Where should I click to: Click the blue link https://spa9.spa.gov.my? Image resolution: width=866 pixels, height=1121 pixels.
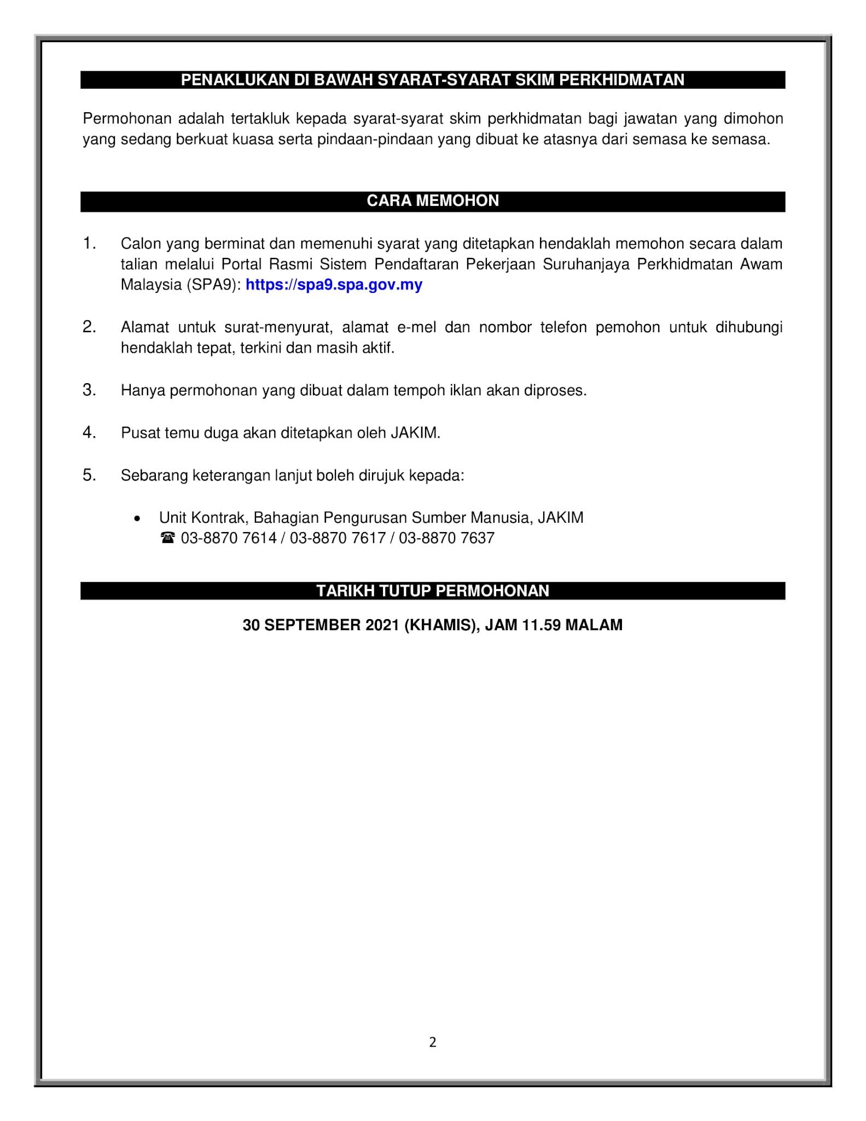point(334,285)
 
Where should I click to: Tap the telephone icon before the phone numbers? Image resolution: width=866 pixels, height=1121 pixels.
point(167,539)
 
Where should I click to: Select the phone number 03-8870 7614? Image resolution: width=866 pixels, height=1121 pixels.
point(229,539)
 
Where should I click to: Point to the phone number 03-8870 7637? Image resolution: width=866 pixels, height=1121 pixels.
point(446,539)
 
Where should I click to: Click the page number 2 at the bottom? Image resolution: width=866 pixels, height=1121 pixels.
point(433,1043)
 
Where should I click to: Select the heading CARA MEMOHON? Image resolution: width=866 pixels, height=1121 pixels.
point(433,201)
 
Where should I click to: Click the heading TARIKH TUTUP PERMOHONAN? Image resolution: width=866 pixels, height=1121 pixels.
point(433,591)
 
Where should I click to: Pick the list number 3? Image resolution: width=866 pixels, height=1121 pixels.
point(89,390)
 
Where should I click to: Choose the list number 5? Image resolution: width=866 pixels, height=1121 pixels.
point(89,475)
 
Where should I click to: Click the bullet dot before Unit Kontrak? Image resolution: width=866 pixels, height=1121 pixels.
point(137,518)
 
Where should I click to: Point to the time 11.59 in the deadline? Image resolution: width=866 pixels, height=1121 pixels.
point(542,625)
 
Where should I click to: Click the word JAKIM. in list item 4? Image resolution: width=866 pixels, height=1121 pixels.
point(415,433)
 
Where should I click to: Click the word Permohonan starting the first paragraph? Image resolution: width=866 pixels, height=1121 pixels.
point(127,119)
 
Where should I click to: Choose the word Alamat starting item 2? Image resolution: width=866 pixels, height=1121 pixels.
point(145,327)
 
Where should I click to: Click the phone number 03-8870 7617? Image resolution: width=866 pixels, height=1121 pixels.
point(338,539)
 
